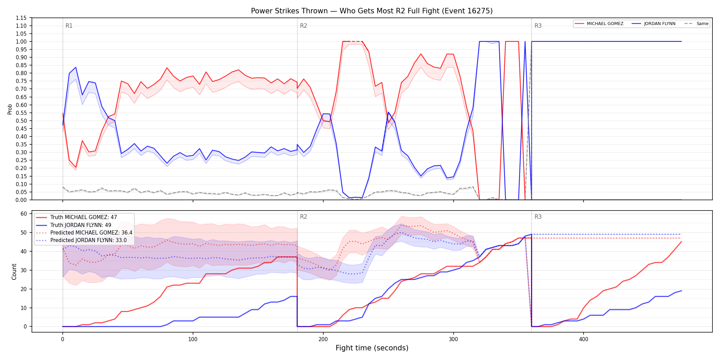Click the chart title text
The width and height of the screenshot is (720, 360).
point(372,11)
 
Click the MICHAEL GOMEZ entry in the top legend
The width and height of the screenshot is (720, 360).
point(599,24)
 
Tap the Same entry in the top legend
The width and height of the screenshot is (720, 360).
point(696,24)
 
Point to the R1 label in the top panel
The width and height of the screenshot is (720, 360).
point(69,26)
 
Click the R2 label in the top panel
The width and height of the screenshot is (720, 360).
point(303,26)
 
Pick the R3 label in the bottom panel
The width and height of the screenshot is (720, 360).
point(538,217)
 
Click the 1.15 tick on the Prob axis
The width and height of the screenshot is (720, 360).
point(21,18)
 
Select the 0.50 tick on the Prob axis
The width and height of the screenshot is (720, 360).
point(21,121)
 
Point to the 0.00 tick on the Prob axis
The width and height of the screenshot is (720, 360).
point(21,200)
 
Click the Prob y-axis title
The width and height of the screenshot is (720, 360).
point(10,109)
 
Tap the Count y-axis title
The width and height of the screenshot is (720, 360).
point(14,272)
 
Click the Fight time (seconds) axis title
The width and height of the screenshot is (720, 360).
point(372,348)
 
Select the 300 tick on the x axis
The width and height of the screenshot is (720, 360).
point(453,339)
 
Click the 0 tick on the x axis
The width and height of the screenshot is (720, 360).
point(63,339)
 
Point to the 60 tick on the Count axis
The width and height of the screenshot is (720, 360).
point(24,214)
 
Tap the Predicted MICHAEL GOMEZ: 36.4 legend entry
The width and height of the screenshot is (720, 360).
point(84,232)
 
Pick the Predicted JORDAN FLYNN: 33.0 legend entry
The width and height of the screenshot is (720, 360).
point(81,240)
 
